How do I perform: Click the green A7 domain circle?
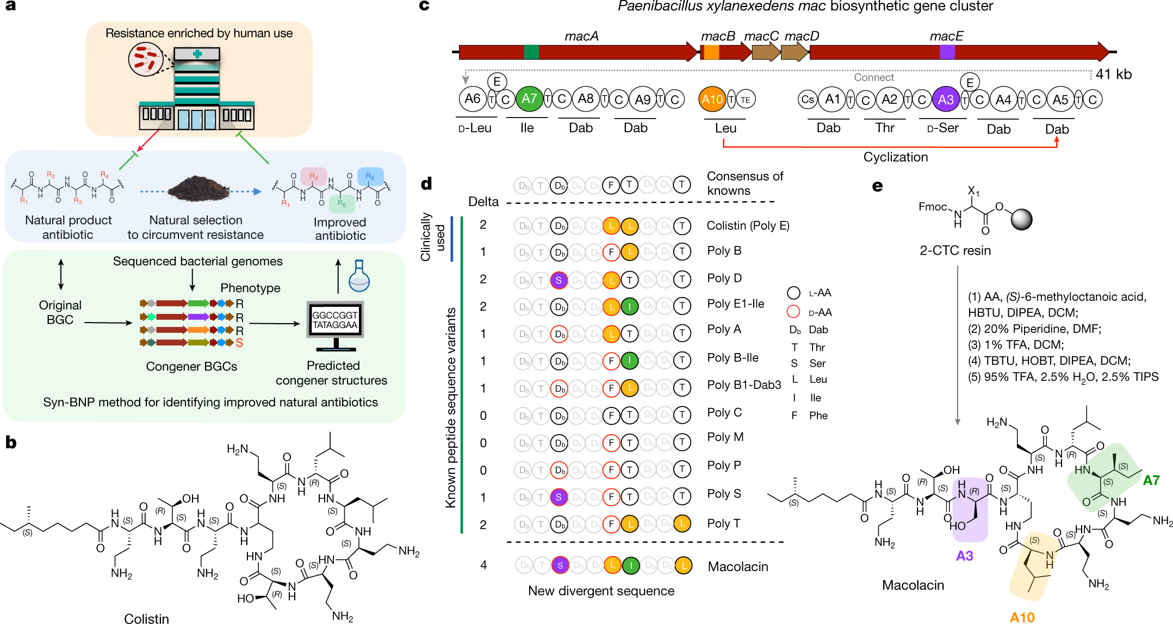(x=529, y=99)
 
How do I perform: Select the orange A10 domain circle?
(x=712, y=100)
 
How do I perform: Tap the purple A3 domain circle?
(x=945, y=100)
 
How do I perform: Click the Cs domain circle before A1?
(x=808, y=100)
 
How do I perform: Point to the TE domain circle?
(x=746, y=100)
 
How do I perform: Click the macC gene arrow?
(x=766, y=52)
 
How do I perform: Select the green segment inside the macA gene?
(x=531, y=52)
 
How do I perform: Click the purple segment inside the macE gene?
(x=947, y=52)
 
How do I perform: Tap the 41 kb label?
(x=1113, y=74)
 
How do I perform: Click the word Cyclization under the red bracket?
(x=895, y=157)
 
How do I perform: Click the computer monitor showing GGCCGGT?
(x=334, y=322)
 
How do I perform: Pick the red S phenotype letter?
(x=239, y=343)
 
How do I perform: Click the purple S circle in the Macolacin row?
(x=560, y=565)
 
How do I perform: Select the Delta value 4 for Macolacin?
(x=483, y=565)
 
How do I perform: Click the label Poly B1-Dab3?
(x=743, y=385)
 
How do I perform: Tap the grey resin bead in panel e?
(x=1021, y=219)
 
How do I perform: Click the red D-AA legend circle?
(x=793, y=312)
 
